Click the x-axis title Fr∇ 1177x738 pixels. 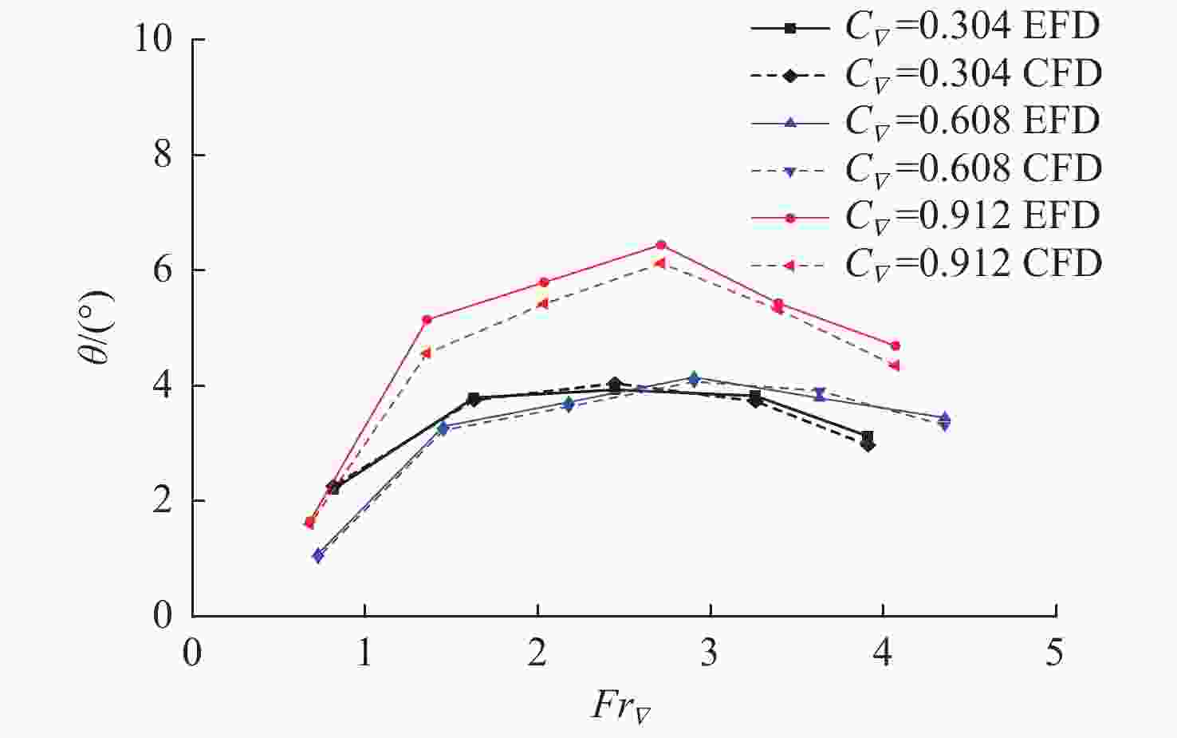[x=620, y=705]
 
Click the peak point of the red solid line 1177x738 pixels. [x=661, y=245]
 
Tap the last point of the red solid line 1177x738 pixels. [x=896, y=345]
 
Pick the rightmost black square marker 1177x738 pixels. [x=868, y=436]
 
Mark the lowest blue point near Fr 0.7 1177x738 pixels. [x=318, y=555]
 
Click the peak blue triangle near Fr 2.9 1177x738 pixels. [x=694, y=377]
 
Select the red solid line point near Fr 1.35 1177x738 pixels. [x=427, y=320]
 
